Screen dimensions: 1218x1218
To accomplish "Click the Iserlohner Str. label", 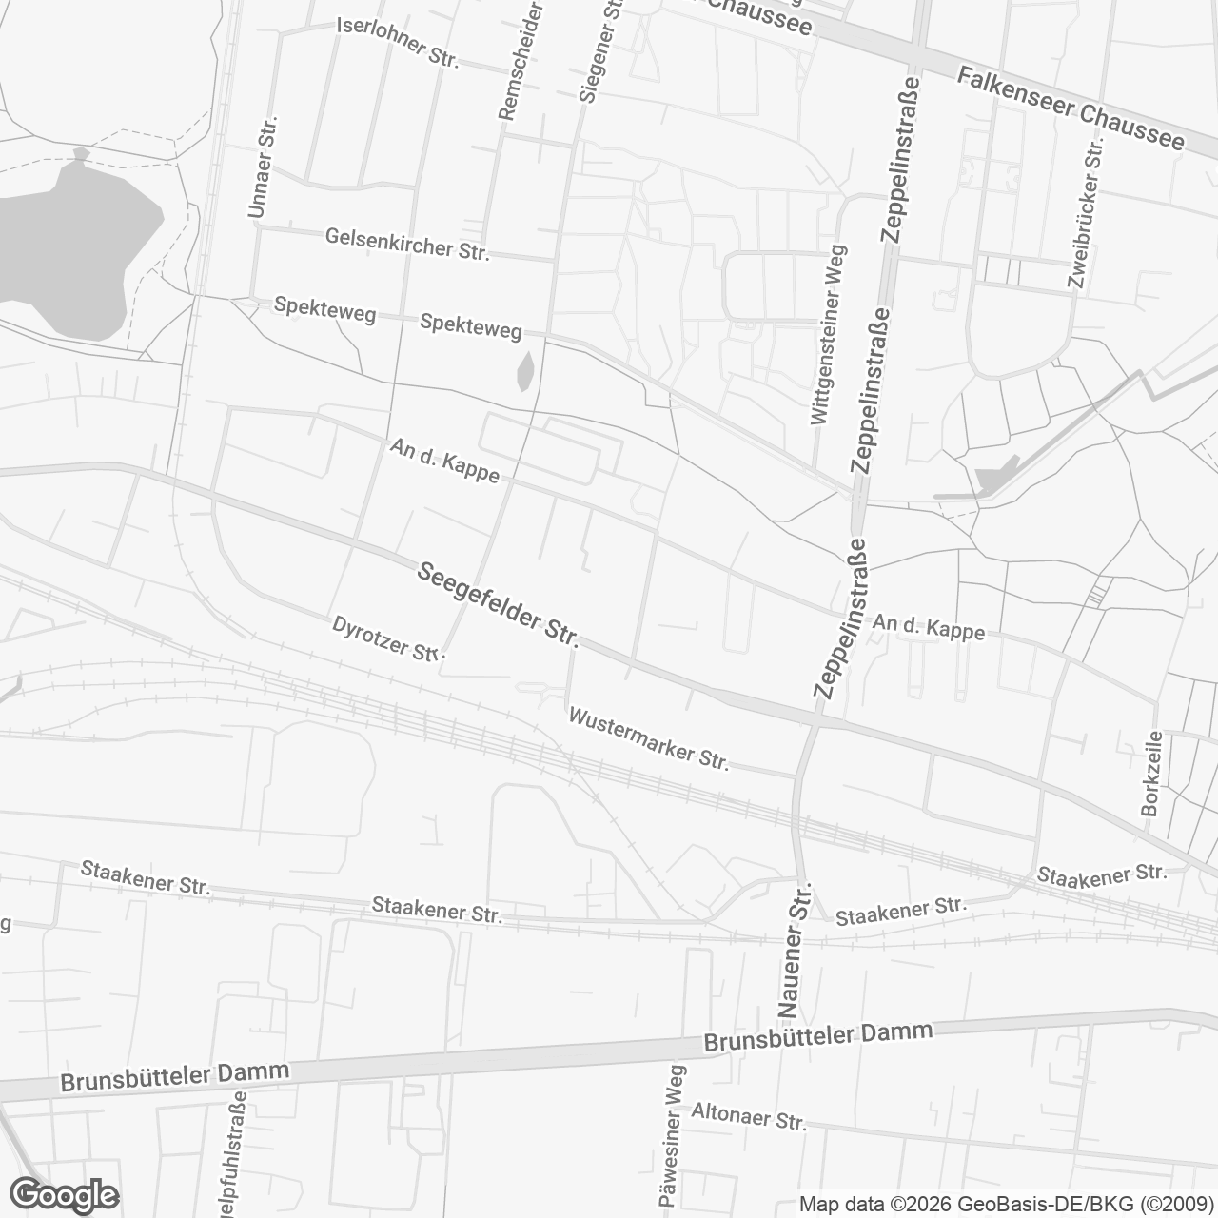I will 398,42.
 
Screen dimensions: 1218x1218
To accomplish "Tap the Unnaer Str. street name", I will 262,167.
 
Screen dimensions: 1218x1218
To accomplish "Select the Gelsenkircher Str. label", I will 406,244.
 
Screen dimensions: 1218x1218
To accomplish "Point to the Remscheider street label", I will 521,62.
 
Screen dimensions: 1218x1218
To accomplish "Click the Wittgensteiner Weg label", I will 827,335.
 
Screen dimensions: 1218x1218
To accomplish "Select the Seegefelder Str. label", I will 498,603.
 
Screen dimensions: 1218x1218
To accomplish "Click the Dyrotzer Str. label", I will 383,638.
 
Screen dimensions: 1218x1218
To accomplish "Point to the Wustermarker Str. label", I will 648,738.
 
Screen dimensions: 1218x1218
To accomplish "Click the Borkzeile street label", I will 1151,773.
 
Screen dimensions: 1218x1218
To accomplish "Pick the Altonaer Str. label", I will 748,1116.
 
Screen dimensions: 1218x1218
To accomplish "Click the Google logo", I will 65,1194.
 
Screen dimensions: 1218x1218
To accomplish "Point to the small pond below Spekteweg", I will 525,372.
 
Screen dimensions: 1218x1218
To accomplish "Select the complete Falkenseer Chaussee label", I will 1071,108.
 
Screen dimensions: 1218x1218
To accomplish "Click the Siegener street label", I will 599,52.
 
